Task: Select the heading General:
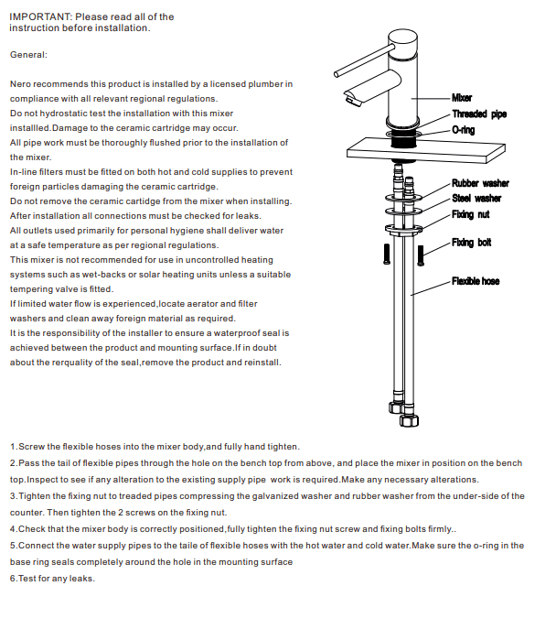coord(28,54)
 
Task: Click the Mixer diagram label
coord(462,97)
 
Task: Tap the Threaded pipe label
coord(478,114)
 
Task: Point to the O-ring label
coord(464,130)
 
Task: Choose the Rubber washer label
coord(480,184)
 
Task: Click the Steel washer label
coord(476,198)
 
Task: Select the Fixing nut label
coord(470,214)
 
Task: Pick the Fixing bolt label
coord(471,243)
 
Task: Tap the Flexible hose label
coord(476,281)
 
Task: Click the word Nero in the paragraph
coord(21,84)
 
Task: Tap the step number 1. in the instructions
coord(14,446)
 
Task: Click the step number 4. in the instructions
coord(14,529)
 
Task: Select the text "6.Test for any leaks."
coord(52,579)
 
